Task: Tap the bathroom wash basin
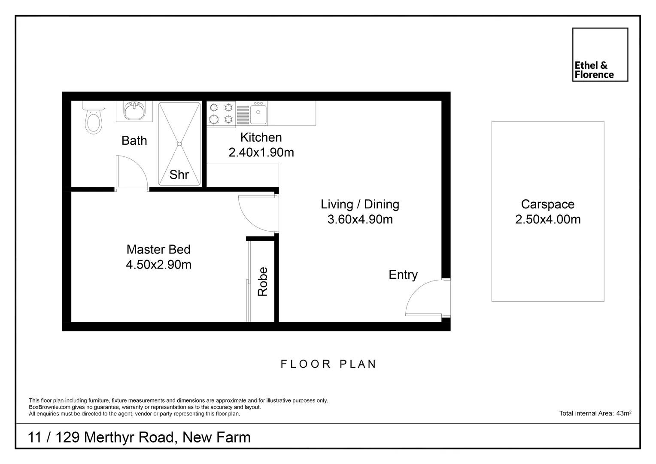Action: [134, 111]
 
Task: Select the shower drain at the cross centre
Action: [179, 144]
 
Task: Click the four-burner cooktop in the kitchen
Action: [221, 113]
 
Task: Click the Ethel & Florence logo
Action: [600, 55]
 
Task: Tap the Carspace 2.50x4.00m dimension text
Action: [547, 220]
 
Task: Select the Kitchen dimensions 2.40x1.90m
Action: [261, 153]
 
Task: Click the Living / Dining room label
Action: [360, 205]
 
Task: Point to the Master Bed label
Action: [158, 250]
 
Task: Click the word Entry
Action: [403, 275]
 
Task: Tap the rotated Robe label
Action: [262, 282]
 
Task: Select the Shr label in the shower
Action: [179, 174]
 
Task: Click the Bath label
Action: [134, 140]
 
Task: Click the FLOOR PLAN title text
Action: [328, 364]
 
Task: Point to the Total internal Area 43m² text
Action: [595, 413]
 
